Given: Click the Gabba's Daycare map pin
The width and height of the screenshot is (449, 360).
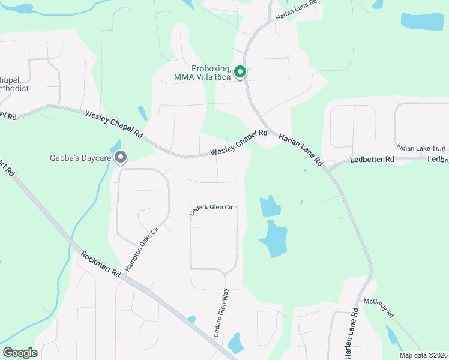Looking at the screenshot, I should coord(121,158).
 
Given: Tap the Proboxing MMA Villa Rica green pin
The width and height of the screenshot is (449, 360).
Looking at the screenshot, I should coord(240,73).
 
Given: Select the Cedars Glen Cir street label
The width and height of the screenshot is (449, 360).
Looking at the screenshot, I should coord(211,208).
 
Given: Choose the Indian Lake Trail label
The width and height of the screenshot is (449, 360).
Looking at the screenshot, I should coord(420,148).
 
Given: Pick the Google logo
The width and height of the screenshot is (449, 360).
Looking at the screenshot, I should coord(20,352).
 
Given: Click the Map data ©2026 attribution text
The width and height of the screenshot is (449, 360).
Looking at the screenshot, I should coord(423,355).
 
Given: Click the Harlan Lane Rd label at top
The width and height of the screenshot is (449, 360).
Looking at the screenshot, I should coord(296,12).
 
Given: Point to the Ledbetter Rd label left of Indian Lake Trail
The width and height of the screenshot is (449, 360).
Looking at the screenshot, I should coord(372,160).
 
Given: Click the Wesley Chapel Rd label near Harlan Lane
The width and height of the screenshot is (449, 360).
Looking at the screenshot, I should coord(239,144).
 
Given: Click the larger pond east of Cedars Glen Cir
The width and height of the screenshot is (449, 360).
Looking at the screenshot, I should coord(273,238).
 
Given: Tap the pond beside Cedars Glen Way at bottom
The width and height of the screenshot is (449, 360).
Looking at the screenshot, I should coord(235,343).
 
